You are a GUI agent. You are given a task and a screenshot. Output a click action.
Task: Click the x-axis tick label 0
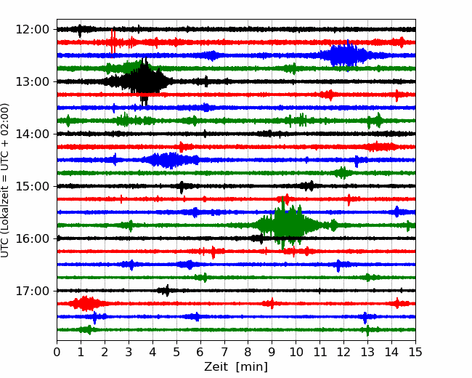tap(57, 353)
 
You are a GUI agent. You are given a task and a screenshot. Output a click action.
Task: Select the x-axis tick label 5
tap(176, 353)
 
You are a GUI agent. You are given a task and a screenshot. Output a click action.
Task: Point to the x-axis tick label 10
tap(296, 353)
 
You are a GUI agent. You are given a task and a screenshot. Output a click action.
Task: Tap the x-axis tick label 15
tap(415, 353)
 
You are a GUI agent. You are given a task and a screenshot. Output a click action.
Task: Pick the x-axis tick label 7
tap(224, 353)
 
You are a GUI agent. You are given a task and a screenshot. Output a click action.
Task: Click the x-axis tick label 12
tap(343, 353)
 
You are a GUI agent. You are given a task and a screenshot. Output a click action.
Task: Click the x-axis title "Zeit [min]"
tap(236, 367)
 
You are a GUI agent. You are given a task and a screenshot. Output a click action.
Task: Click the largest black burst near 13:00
tap(145, 81)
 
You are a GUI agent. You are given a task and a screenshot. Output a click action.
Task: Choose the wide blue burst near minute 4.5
tap(168, 160)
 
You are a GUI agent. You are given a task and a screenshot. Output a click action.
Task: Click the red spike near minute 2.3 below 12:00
tap(113, 41)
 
